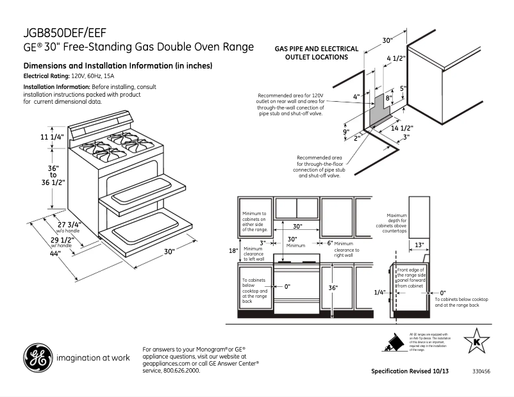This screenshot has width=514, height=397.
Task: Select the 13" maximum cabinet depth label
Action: [x=419, y=245]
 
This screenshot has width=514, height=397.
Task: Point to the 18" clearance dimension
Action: [x=234, y=250]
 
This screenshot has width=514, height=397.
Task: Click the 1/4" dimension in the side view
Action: [x=380, y=292]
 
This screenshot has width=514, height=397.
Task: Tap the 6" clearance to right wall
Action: [x=330, y=243]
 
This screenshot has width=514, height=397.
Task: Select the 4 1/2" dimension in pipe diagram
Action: [x=396, y=58]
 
